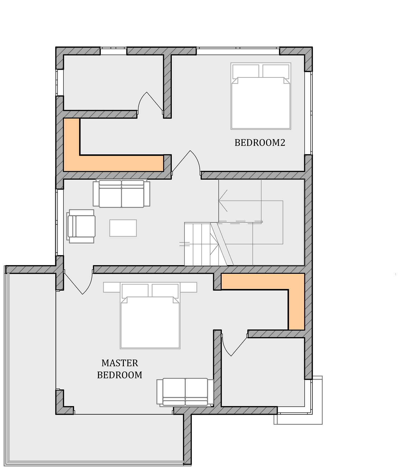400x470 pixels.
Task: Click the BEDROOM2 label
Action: (x=260, y=143)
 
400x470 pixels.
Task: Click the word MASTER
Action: (x=120, y=363)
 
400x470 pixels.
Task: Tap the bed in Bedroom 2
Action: (x=261, y=96)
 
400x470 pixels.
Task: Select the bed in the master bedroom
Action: (x=150, y=315)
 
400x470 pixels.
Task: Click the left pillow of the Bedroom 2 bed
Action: (x=246, y=71)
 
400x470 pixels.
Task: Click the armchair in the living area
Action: (x=81, y=226)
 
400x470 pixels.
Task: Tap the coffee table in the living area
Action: (x=123, y=228)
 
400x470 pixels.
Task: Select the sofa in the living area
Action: (x=122, y=193)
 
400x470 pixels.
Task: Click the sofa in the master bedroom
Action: (x=185, y=392)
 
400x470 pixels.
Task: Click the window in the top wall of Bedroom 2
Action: (x=238, y=51)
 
